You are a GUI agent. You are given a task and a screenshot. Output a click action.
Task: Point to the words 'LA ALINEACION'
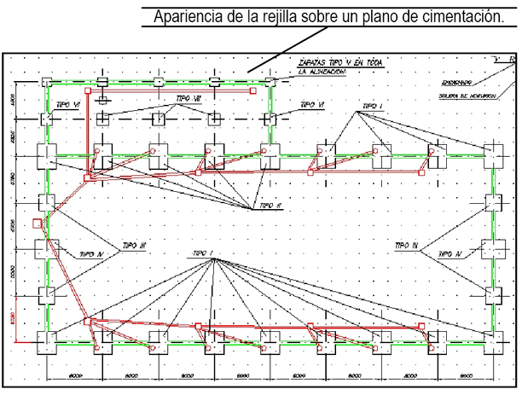click(x=323, y=74)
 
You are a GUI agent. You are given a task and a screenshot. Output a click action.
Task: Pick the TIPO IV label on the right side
click(x=449, y=253)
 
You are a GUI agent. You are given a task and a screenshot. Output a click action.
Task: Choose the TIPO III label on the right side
click(x=406, y=245)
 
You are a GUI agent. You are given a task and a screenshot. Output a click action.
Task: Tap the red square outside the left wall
click(x=36, y=224)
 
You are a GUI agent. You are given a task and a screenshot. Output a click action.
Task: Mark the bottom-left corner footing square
click(x=46, y=343)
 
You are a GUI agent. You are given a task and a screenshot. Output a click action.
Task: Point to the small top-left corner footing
click(x=46, y=81)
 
